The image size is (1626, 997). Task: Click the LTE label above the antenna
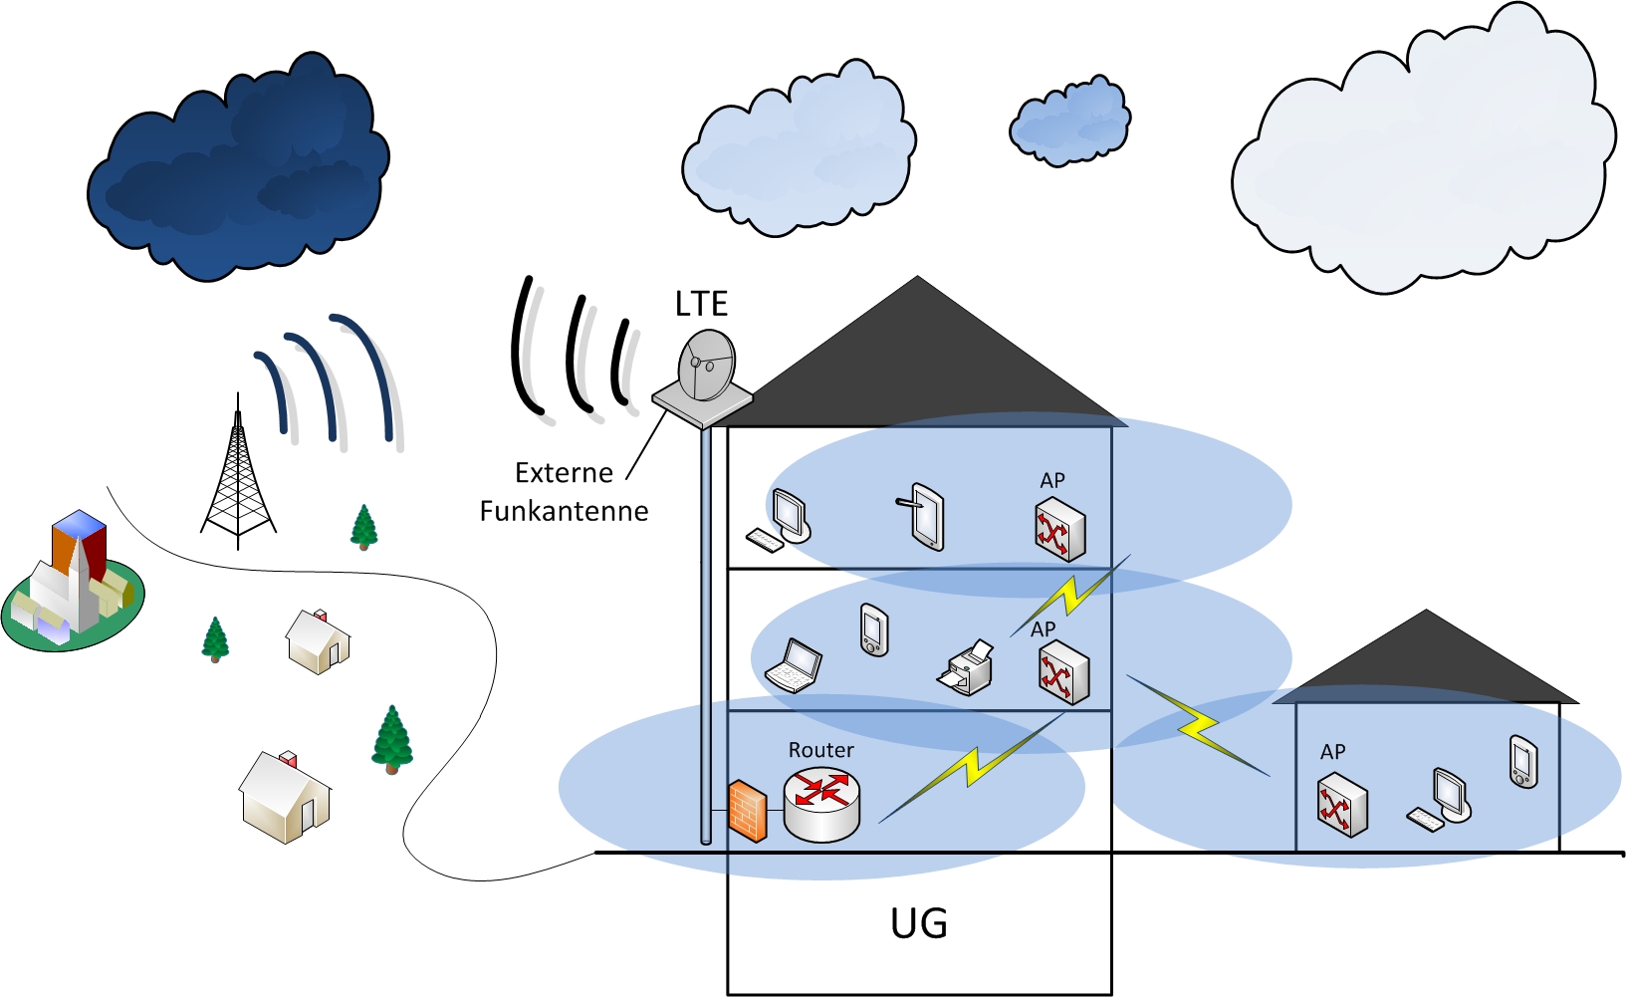701,304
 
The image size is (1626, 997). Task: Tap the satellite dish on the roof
707,366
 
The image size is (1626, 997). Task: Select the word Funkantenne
564,511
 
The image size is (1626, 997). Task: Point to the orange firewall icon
747,812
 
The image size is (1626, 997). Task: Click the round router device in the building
821,804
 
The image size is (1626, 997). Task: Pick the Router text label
821,750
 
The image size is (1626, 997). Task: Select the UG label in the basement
918,924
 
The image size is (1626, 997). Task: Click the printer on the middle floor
967,668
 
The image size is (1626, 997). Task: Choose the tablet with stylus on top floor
924,516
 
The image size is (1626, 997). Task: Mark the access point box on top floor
1058,531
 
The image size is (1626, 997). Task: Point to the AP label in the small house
1332,752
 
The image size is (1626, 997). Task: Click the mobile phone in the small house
1522,762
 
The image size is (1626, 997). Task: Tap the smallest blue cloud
1070,121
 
